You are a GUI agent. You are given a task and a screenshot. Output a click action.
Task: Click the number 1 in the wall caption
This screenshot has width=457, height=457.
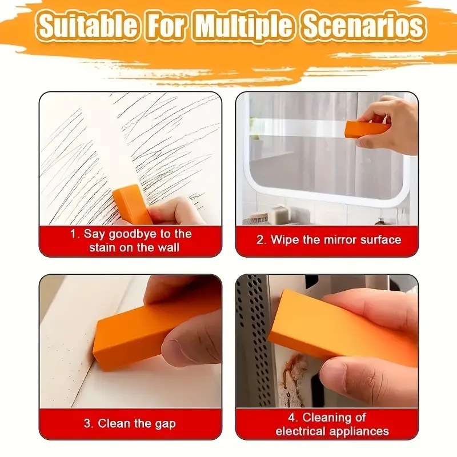point(74,234)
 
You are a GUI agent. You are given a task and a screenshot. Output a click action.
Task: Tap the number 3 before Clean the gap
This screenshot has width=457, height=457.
point(87,424)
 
